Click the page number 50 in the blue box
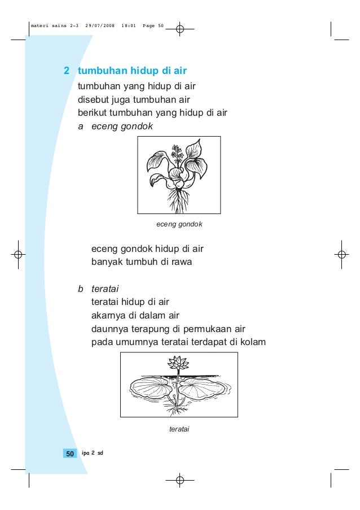pyautogui.click(x=70, y=454)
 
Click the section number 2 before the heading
pyautogui.click(x=67, y=71)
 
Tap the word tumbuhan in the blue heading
pyautogui.click(x=102, y=71)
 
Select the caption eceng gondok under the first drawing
pyautogui.click(x=179, y=224)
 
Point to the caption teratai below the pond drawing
pyautogui.click(x=179, y=429)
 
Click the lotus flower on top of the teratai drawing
pyautogui.click(x=178, y=362)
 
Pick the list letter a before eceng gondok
pyautogui.click(x=81, y=126)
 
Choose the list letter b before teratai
pyautogui.click(x=81, y=289)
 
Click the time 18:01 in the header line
pyautogui.click(x=129, y=26)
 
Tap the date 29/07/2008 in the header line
pyautogui.click(x=100, y=26)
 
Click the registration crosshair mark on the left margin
pyautogui.click(x=18, y=255)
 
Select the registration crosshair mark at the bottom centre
pyautogui.click(x=179, y=480)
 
